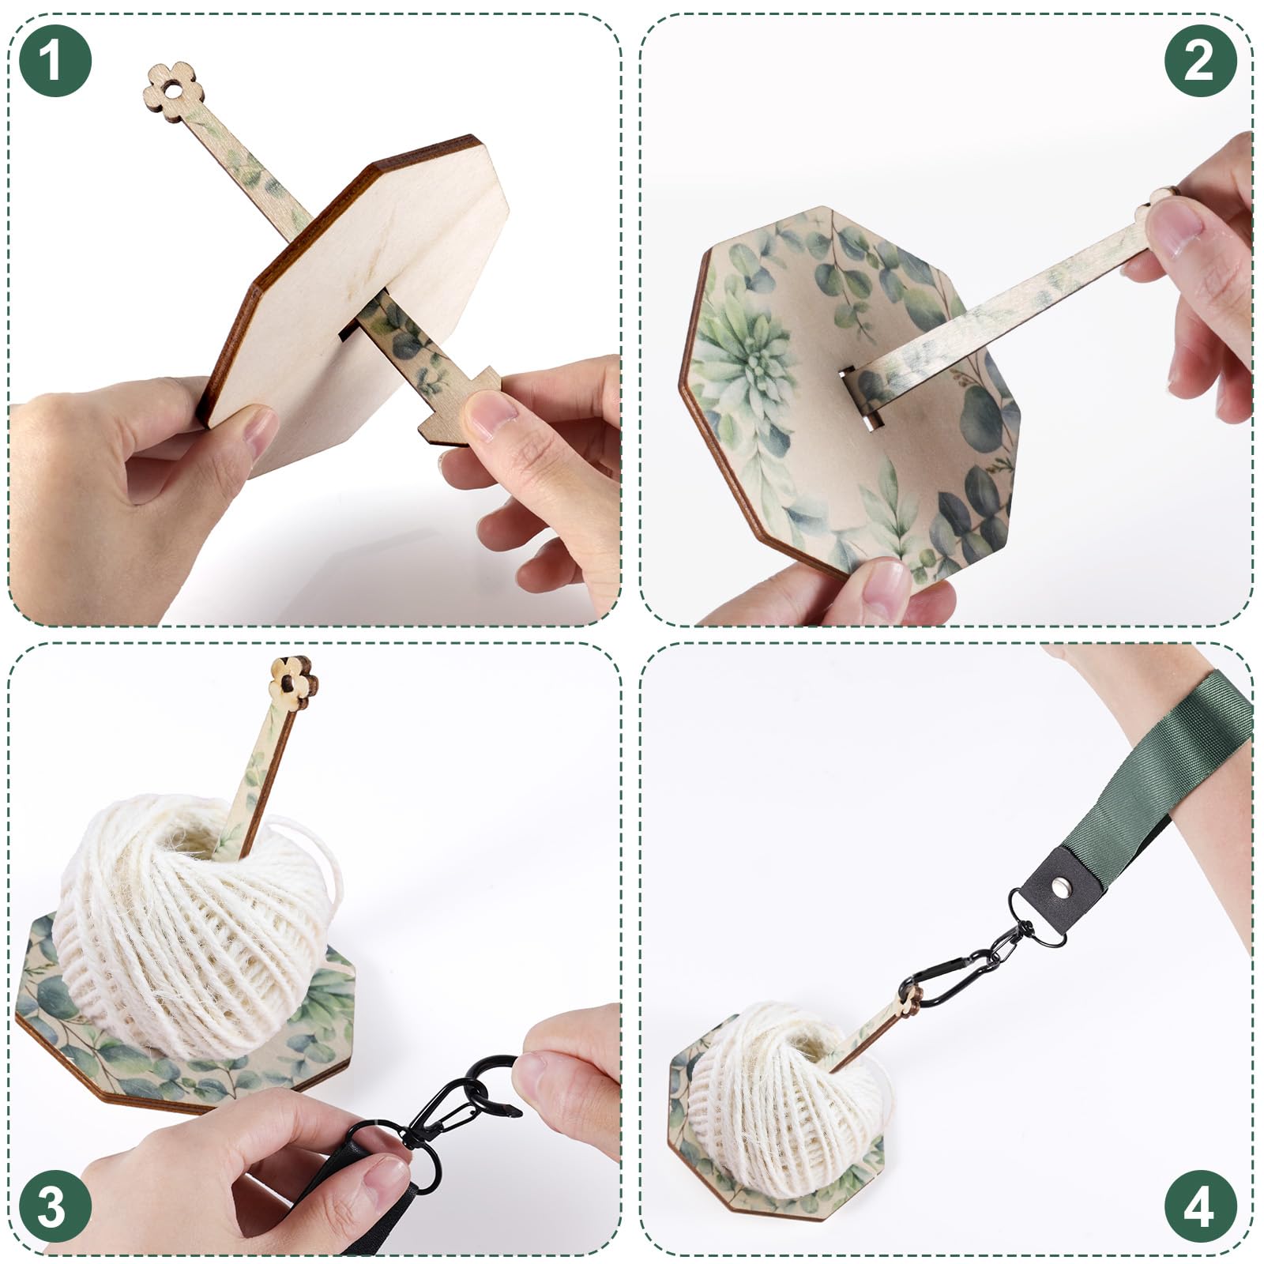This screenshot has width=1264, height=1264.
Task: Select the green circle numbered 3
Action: [x=54, y=1206]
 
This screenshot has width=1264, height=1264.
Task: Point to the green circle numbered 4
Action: [x=1200, y=1206]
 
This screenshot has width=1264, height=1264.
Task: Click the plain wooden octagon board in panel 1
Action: [x=355, y=284]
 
